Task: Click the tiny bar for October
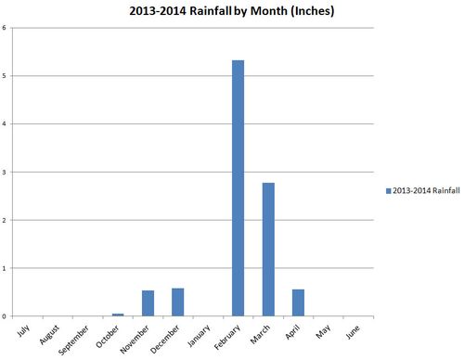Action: pyautogui.click(x=118, y=315)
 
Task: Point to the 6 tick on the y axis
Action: pyautogui.click(x=5, y=27)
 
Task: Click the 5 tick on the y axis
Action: pyautogui.click(x=5, y=75)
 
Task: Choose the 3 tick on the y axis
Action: pyautogui.click(x=5, y=172)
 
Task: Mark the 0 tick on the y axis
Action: pyautogui.click(x=5, y=316)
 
